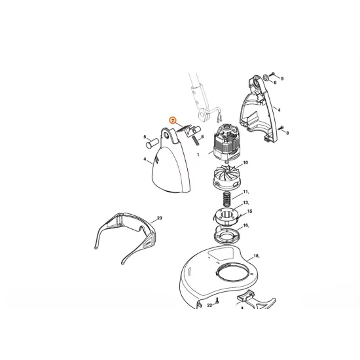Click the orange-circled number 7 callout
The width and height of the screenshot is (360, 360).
(173, 120)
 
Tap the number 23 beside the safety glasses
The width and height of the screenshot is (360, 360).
(159, 219)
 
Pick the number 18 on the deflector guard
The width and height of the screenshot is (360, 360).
(256, 257)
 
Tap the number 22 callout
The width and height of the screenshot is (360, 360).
(209, 305)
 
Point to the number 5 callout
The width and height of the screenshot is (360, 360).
(145, 137)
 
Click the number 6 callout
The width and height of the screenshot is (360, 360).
(276, 83)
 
